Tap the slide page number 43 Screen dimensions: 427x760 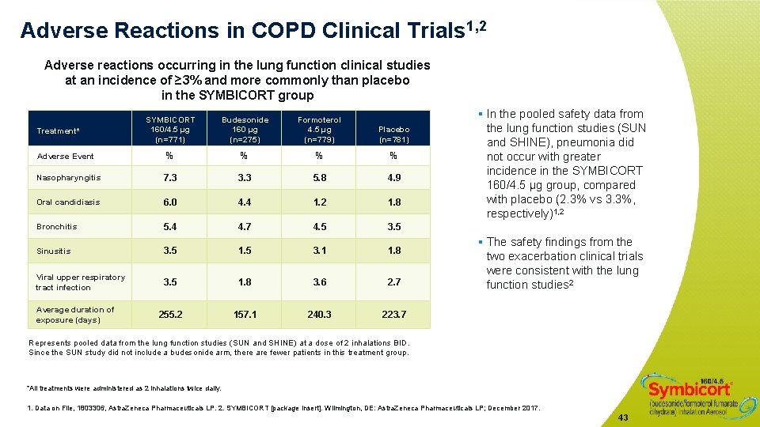coord(623,418)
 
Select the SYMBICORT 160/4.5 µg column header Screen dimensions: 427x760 coord(170,130)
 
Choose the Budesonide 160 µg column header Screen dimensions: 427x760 coord(245,130)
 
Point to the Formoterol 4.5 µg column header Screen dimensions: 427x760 coord(320,130)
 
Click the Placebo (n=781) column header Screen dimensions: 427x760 coord(393,134)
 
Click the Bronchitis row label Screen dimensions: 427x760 coord(57,227)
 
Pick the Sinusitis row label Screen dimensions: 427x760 coord(54,251)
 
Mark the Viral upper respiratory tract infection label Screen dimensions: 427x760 coord(80,282)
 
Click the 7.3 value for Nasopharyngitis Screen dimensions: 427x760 coord(170,178)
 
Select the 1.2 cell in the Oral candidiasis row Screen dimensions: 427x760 coord(320,202)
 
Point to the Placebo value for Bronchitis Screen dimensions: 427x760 coord(393,227)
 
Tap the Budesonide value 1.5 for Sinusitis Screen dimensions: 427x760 coord(245,251)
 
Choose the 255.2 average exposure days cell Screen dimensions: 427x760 coord(170,315)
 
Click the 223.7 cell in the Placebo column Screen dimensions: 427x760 coord(393,315)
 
